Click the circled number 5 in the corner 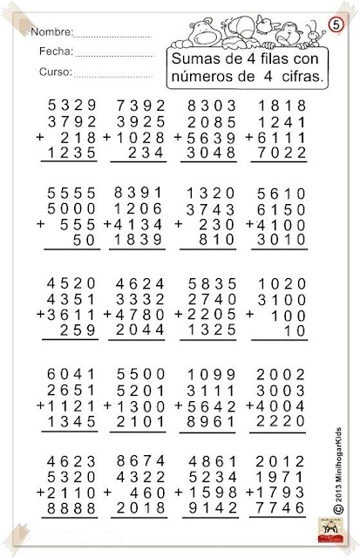tap(336, 23)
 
